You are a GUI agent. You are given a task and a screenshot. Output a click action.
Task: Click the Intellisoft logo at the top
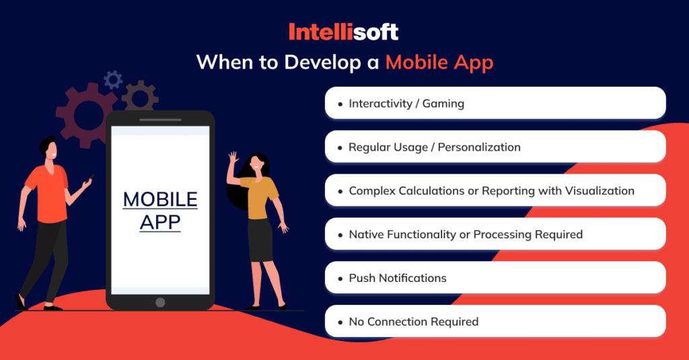[344, 32]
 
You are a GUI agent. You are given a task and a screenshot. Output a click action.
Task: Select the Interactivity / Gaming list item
[495, 104]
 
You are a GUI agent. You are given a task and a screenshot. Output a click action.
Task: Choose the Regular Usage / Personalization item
[495, 147]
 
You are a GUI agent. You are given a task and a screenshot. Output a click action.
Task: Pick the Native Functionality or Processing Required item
[495, 235]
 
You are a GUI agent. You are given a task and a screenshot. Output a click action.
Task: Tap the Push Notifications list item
[495, 278]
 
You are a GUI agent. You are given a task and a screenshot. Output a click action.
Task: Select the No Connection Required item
[495, 322]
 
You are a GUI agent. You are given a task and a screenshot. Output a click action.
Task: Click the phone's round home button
[160, 301]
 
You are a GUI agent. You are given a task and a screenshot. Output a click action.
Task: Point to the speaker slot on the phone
[160, 121]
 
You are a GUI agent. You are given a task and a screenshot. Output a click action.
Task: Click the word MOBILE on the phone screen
[160, 200]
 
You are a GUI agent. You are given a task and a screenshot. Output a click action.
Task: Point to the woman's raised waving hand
[233, 159]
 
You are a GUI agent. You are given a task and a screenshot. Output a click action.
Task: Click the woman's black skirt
[260, 240]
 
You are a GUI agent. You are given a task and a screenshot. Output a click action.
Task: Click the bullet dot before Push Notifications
[340, 279]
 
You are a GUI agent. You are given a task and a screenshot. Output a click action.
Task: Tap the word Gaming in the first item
[443, 104]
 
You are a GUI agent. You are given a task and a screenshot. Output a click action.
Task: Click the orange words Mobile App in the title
[439, 63]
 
